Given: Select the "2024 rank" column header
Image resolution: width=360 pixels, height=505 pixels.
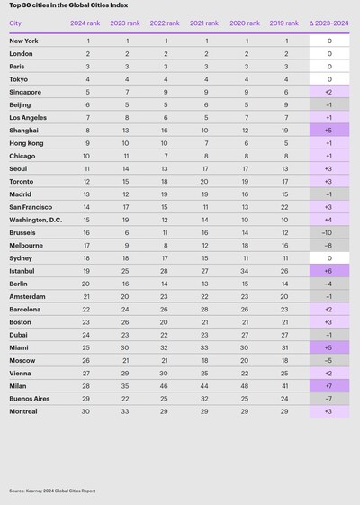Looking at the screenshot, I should click(x=87, y=24).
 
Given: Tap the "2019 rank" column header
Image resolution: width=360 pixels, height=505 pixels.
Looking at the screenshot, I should click(x=284, y=24).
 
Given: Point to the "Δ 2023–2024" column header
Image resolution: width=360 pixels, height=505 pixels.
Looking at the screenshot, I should click(x=329, y=24).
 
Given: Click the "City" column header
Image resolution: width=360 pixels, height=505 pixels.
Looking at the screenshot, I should click(x=14, y=24).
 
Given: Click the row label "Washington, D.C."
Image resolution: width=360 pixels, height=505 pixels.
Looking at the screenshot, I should click(x=35, y=219).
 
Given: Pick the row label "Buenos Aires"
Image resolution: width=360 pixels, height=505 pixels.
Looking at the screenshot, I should click(x=30, y=399).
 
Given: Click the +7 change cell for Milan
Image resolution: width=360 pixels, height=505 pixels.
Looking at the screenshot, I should click(x=329, y=386).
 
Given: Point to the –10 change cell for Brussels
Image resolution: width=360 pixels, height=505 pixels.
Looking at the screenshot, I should click(x=329, y=231).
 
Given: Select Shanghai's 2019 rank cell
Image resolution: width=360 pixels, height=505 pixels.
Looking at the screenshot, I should click(x=284, y=130).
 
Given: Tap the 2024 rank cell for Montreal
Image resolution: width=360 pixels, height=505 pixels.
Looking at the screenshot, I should click(x=87, y=411).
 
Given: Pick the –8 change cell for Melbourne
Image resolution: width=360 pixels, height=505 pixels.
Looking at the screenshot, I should click(x=329, y=244).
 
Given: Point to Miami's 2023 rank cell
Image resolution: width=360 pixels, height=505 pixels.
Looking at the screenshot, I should click(x=127, y=347).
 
